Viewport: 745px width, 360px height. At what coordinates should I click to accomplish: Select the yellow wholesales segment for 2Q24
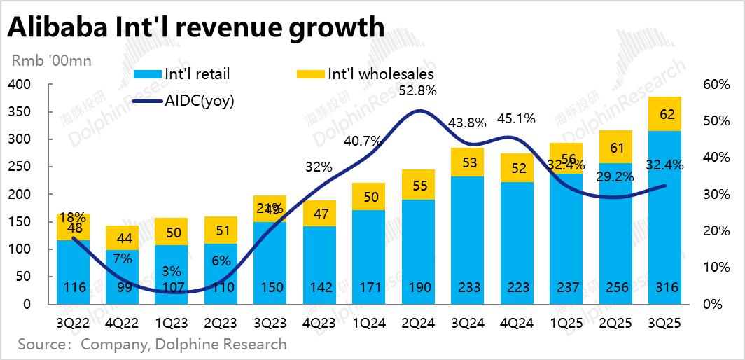point(418,185)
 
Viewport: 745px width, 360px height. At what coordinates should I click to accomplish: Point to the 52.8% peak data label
point(418,90)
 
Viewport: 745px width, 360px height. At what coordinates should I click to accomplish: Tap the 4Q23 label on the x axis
point(319,324)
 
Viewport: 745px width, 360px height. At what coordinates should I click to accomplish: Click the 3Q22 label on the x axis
point(74,324)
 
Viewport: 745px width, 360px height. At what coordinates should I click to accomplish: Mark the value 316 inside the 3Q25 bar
point(664,289)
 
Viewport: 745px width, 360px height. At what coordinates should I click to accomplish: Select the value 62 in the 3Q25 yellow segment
point(664,114)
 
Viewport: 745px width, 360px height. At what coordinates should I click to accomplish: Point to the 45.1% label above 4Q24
point(517,118)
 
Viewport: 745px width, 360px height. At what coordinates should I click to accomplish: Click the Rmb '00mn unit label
point(50,61)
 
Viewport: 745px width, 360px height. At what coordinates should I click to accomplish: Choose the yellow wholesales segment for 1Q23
point(172,232)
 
